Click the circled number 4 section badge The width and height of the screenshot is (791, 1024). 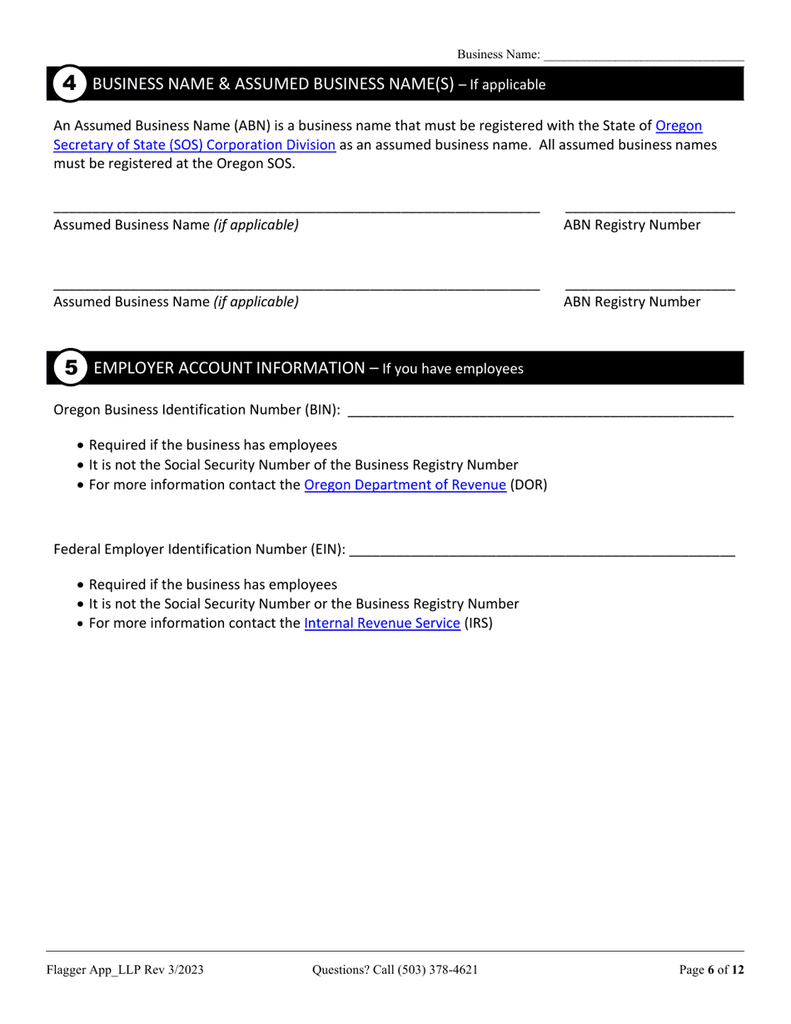tap(70, 84)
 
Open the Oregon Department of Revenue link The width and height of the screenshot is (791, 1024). tap(405, 485)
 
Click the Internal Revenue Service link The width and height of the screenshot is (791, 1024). tap(382, 623)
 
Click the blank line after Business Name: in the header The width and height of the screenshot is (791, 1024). tap(644, 56)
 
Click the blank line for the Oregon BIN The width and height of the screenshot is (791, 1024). tap(540, 410)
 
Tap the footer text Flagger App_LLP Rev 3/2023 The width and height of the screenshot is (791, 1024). tap(125, 970)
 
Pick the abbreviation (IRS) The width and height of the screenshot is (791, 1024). tap(479, 623)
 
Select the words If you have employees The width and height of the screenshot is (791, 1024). tap(453, 369)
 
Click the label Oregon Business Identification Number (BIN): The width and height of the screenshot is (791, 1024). tap(197, 410)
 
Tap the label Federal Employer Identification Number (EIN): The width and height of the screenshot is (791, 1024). tap(200, 549)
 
